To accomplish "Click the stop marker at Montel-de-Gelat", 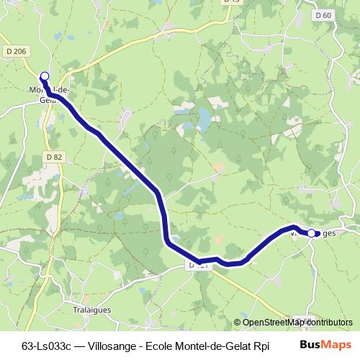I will (45, 76).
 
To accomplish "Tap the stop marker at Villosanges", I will (312, 233).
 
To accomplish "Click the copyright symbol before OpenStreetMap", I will (237, 323).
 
